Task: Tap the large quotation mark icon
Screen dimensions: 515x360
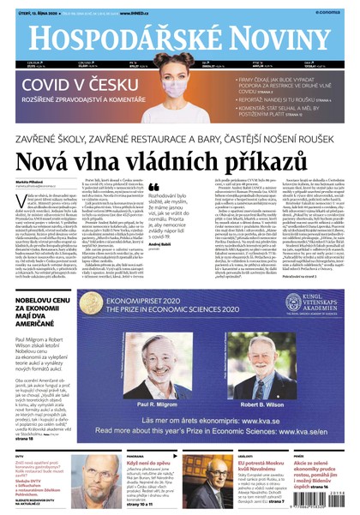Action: click(x=154, y=186)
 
